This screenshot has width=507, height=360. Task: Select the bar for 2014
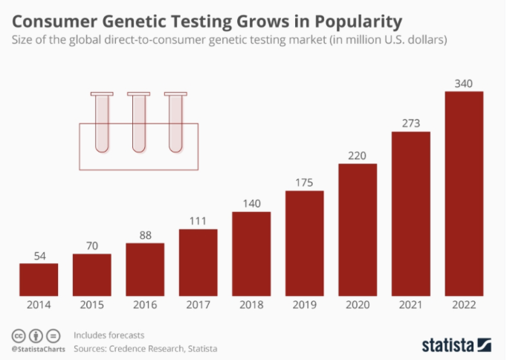(x=39, y=279)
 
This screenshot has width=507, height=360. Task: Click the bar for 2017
(x=198, y=262)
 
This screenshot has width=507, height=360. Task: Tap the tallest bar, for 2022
(x=464, y=193)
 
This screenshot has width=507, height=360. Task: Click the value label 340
(x=464, y=83)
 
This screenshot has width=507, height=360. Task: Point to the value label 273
(x=411, y=123)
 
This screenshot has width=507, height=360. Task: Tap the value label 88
(x=145, y=234)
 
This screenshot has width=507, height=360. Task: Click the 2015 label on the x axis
(x=91, y=306)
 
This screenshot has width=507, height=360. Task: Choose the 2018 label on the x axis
(x=251, y=306)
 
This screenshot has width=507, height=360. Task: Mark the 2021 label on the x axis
(x=411, y=306)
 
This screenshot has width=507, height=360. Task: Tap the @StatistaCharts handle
(x=37, y=348)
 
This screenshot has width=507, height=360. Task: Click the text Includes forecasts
(x=109, y=335)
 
